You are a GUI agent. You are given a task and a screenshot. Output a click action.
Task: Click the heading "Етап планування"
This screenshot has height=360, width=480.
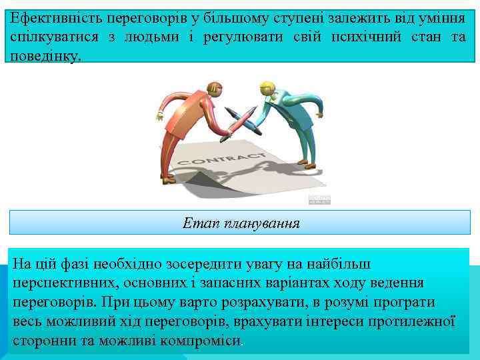pos(241,223)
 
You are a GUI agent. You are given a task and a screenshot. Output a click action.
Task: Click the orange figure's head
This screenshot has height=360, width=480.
pos(215,89)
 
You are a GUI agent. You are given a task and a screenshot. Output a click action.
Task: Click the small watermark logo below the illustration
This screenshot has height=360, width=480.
pos(319,200)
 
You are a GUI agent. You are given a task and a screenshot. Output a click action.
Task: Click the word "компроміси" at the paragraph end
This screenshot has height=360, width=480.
pos(204,340)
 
